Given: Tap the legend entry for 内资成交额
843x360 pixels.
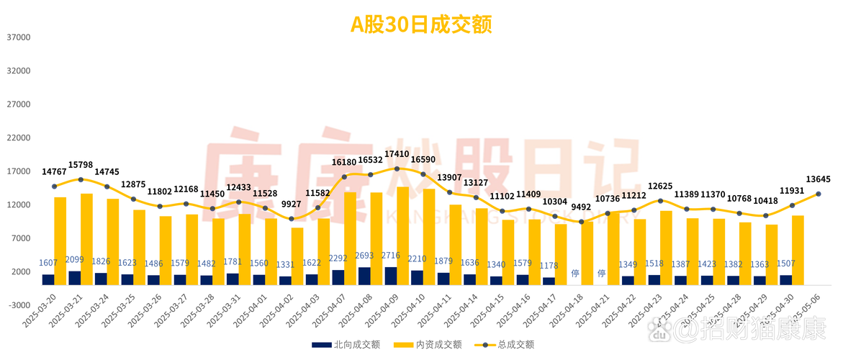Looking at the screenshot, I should click(429, 344).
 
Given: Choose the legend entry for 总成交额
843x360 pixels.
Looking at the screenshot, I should click(507, 344).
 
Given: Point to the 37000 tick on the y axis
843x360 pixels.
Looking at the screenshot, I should click(19, 37).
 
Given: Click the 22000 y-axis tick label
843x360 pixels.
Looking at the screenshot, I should click(19, 138).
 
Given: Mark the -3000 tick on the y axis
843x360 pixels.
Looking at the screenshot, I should click(19, 305).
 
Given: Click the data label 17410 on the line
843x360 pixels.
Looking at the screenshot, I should click(397, 154).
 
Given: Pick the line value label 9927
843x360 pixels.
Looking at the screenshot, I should click(292, 204).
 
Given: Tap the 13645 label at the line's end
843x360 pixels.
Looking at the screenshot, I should click(819, 179).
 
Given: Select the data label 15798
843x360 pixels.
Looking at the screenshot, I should click(81, 165).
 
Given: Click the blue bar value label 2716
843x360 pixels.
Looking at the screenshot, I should click(391, 256).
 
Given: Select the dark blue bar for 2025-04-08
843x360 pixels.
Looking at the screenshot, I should click(364, 276).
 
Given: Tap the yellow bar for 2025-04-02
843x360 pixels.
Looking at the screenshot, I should click(297, 256).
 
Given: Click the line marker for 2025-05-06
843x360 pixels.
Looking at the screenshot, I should click(819, 194).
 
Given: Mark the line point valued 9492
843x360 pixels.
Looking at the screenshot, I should click(581, 222).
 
